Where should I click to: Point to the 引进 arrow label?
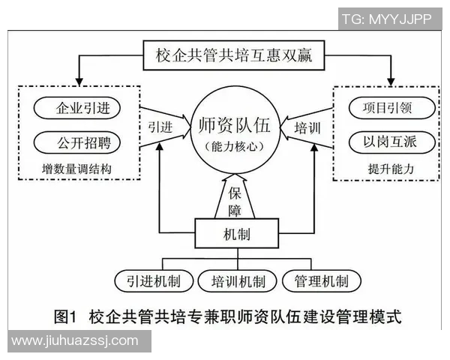(160, 126)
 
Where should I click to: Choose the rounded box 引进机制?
(150, 281)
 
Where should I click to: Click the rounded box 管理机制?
(321, 281)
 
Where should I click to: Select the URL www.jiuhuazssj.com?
(75, 341)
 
